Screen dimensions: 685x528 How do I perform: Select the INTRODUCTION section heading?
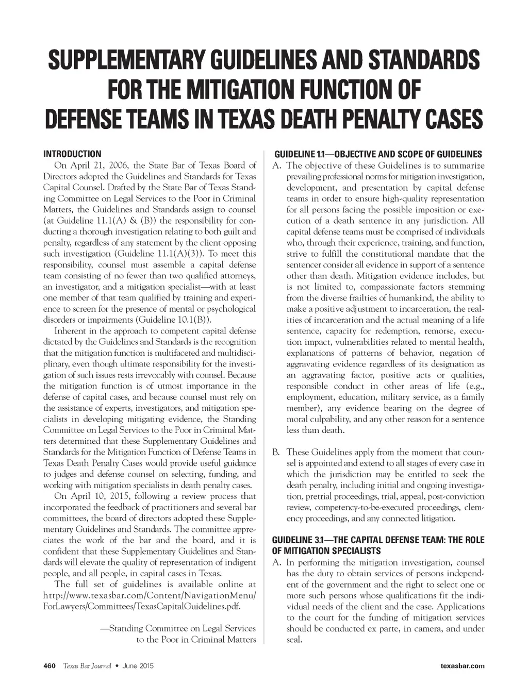[72, 154]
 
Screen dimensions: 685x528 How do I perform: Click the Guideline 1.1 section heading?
[378, 154]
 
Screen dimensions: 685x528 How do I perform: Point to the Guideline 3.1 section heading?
[378, 545]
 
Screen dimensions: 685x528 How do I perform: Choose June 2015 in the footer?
[138, 666]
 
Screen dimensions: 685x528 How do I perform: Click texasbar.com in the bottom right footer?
[463, 666]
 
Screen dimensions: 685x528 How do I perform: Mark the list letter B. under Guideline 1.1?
[276, 452]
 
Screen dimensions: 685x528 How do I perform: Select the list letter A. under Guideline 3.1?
[276, 562]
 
